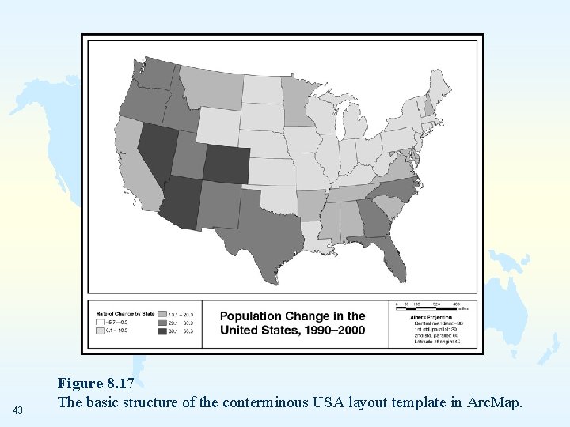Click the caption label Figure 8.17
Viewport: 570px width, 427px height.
(96, 384)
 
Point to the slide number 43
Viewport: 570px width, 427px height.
(18, 410)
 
